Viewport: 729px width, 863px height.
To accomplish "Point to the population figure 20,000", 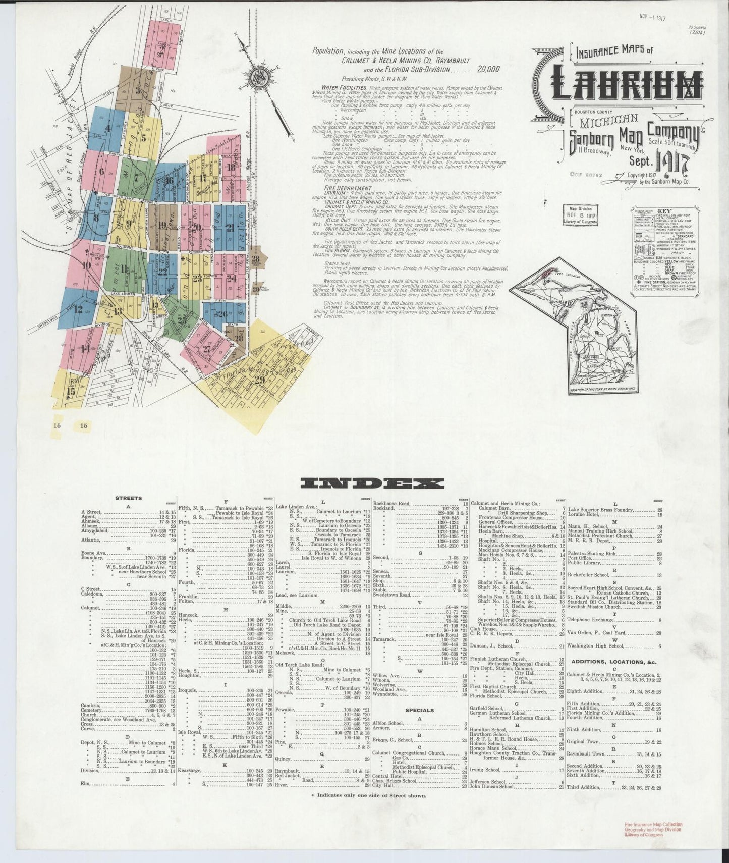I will (x=486, y=70).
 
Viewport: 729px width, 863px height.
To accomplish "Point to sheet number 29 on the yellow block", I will (x=260, y=380).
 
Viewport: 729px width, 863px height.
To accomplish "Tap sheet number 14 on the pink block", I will (x=86, y=348).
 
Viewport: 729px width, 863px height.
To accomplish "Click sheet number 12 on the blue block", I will (x=78, y=309).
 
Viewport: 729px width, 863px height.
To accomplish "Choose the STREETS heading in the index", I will (x=129, y=498).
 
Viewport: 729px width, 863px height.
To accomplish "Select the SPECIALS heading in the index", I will (x=419, y=710).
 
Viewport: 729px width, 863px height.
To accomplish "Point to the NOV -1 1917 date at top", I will (x=652, y=17).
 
